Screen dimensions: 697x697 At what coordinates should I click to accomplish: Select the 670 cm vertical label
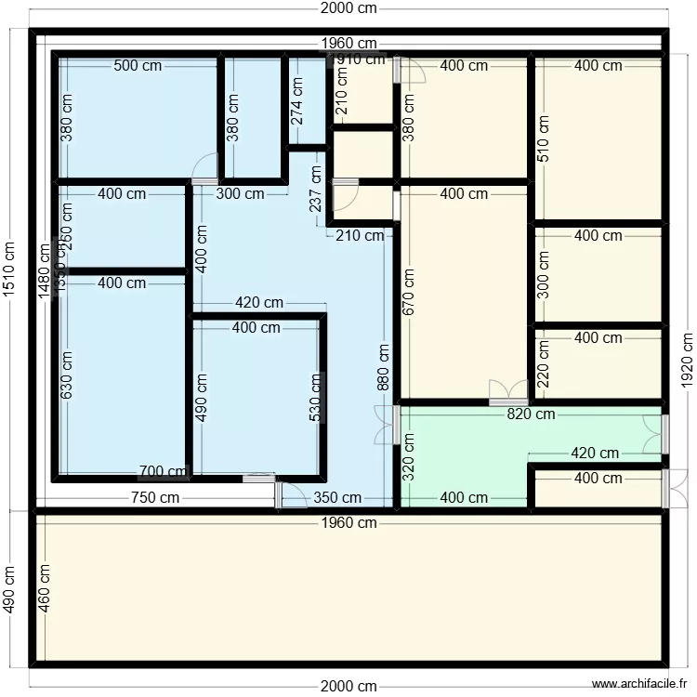point(407,293)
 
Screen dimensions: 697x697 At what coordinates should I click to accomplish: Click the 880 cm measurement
point(384,367)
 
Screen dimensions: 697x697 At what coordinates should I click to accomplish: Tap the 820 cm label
point(532,414)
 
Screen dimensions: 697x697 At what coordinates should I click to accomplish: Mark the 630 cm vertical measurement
point(67,375)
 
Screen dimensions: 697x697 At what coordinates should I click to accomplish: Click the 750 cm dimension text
point(155,498)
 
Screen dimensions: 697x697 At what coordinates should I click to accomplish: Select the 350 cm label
point(337,498)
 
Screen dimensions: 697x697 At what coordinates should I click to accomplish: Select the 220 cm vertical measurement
point(543,363)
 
